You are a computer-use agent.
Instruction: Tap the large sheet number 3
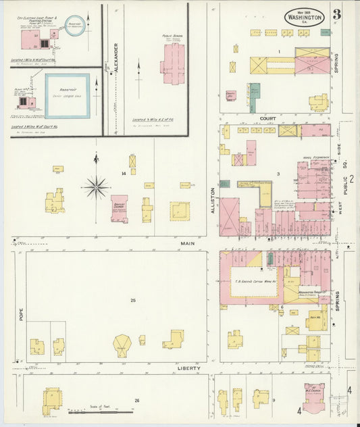click(336, 13)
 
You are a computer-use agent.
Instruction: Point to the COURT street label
click(268, 118)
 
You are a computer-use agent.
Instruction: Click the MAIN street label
click(187, 243)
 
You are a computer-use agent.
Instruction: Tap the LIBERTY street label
click(188, 368)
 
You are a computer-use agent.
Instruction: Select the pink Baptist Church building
click(120, 208)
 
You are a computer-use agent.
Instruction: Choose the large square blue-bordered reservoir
click(67, 96)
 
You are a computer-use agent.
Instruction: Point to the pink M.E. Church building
click(313, 398)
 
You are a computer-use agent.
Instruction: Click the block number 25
click(133, 300)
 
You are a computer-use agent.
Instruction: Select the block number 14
click(123, 174)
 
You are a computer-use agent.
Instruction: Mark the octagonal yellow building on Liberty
click(122, 345)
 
